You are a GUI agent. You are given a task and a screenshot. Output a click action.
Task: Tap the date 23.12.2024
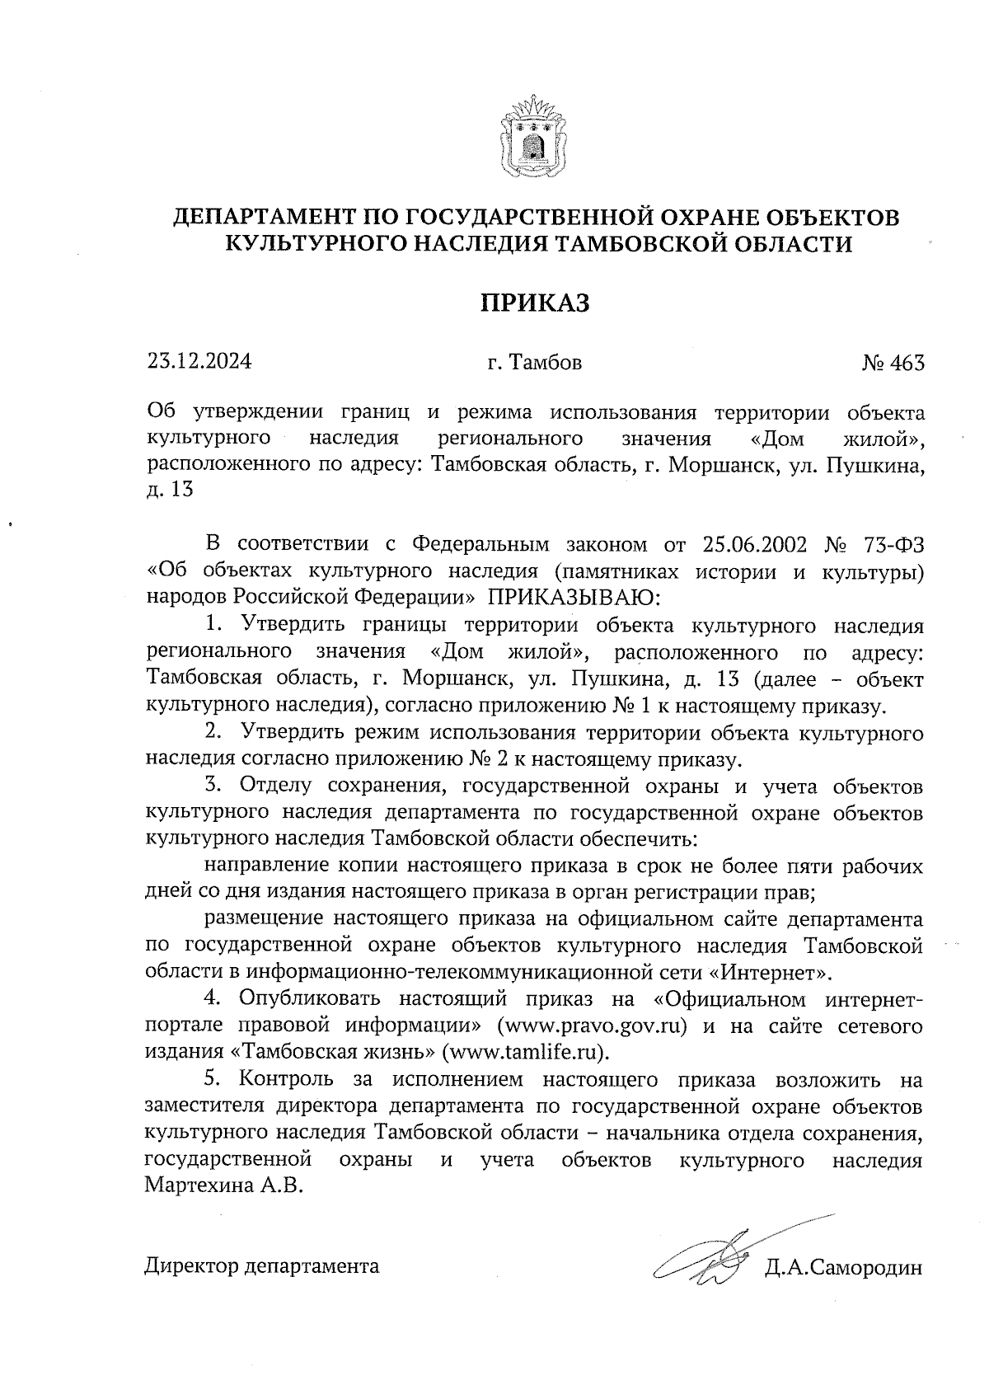coord(199,361)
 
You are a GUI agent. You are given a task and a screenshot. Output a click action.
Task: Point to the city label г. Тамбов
coord(534,362)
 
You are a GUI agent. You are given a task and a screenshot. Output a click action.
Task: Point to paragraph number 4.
coord(212,999)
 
